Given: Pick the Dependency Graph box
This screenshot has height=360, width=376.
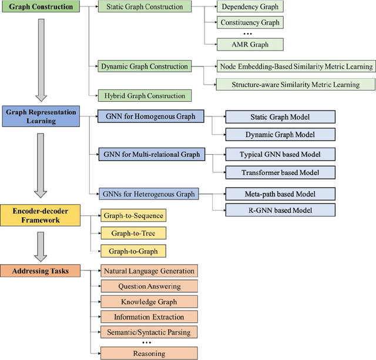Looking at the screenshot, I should [x=250, y=8].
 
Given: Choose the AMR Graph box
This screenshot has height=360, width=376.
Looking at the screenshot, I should [x=250, y=44].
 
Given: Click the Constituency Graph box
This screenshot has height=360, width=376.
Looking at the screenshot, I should [x=250, y=23].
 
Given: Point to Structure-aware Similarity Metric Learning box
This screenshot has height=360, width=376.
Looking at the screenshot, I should [x=296, y=84].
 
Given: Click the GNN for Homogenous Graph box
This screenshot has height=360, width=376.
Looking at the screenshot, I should [x=150, y=100].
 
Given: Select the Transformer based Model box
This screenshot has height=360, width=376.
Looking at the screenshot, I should [x=280, y=172].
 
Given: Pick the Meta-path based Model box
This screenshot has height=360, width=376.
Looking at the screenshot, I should [x=280, y=194].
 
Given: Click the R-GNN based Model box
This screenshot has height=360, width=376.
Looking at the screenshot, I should [x=280, y=210].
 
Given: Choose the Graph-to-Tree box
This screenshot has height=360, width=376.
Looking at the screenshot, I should [x=133, y=233].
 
